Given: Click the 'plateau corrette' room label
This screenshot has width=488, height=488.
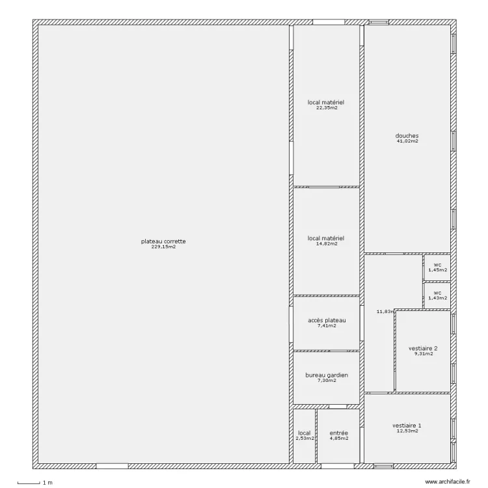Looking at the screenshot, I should pyautogui.click(x=163, y=241).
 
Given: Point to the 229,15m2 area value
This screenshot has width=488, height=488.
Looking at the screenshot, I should pyautogui.click(x=163, y=247).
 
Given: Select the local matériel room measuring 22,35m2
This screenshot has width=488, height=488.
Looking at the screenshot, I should pyautogui.click(x=326, y=103).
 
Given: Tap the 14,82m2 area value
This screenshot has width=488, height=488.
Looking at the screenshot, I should pyautogui.click(x=326, y=244).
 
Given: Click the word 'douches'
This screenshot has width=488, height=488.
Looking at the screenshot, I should pyautogui.click(x=407, y=135).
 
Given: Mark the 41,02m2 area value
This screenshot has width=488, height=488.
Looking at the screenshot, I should pyautogui.click(x=407, y=141).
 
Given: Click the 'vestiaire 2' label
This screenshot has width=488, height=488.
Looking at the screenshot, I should pyautogui.click(x=423, y=348).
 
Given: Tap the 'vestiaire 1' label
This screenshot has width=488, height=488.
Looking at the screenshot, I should pyautogui.click(x=407, y=426).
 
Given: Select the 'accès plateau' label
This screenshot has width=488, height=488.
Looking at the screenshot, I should pyautogui.click(x=326, y=320).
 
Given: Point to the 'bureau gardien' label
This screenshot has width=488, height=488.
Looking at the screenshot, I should pyautogui.click(x=326, y=375).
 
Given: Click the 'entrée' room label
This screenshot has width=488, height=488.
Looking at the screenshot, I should pyautogui.click(x=338, y=433).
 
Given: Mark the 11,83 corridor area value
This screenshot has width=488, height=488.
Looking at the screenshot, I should pyautogui.click(x=385, y=312).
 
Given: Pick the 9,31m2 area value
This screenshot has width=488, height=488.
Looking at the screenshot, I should pyautogui.click(x=423, y=354).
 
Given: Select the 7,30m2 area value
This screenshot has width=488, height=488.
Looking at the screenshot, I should pyautogui.click(x=326, y=381).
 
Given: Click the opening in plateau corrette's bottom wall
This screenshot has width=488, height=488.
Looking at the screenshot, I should pyautogui.click(x=112, y=467).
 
